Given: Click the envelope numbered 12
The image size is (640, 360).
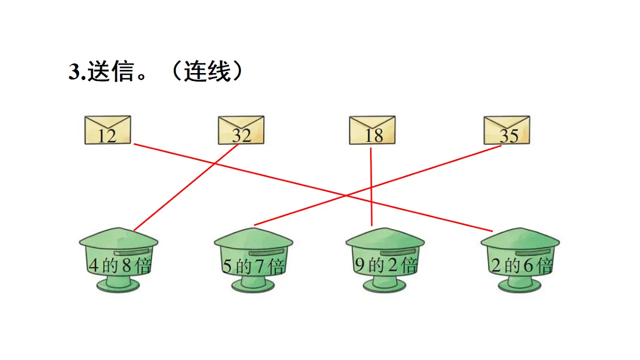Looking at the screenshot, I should tap(108, 130).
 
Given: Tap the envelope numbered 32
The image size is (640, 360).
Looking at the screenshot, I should tap(241, 130).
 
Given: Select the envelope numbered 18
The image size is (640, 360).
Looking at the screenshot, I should tap(372, 130).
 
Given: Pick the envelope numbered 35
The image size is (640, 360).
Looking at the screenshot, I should tap(507, 130).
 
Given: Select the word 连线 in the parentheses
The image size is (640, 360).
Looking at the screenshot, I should tap(206, 72).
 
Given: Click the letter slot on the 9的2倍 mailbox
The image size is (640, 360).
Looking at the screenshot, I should tap(398, 251).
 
